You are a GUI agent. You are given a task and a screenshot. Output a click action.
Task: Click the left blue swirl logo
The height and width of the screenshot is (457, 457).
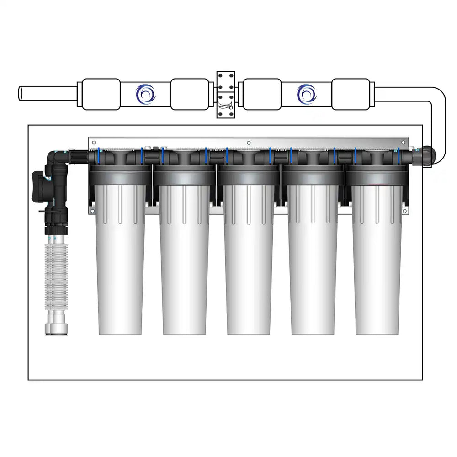point(146,95)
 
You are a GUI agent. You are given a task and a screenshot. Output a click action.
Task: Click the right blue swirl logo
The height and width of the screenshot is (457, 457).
point(307,95)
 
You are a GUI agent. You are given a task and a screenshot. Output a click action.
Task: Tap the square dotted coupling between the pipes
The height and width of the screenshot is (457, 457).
point(225,95)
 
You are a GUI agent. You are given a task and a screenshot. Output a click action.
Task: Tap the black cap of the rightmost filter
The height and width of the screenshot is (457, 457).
point(377,175)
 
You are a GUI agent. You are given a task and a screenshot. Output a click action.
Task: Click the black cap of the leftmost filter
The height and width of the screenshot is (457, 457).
point(120,175)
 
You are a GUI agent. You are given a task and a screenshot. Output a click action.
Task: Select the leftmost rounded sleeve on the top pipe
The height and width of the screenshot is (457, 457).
point(101,95)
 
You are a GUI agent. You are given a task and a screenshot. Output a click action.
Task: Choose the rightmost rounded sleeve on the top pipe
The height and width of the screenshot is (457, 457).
point(351,95)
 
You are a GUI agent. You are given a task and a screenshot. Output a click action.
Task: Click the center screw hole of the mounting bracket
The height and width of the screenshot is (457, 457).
point(248,142)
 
